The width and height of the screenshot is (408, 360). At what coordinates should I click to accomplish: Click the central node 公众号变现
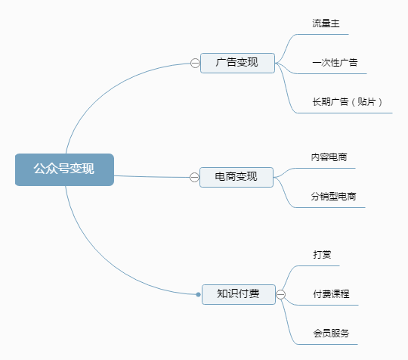(x=64, y=169)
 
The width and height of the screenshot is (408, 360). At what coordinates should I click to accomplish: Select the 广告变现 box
(x=237, y=63)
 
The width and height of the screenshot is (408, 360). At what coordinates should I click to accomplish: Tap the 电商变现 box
(x=236, y=177)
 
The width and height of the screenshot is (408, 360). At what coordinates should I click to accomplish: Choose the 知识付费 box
(x=239, y=294)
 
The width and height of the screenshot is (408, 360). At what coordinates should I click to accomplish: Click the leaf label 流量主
(x=326, y=23)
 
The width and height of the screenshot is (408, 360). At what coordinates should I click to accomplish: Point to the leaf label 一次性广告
(x=335, y=63)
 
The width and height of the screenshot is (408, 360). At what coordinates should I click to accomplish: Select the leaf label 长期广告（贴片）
(x=348, y=101)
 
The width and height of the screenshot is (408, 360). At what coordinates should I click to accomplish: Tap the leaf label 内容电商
(x=329, y=157)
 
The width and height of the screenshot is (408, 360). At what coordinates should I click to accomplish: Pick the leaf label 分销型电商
(x=333, y=196)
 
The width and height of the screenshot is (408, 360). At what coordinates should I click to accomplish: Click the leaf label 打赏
(x=322, y=255)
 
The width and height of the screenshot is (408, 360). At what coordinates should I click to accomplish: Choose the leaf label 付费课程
(x=331, y=294)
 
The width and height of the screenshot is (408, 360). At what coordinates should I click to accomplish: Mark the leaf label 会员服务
(x=331, y=334)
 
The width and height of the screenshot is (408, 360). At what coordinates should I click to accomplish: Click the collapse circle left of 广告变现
(x=195, y=63)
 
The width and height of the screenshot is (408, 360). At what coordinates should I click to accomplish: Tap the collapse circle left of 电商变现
(x=194, y=177)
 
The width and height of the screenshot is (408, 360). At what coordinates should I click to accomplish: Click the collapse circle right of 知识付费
(x=280, y=294)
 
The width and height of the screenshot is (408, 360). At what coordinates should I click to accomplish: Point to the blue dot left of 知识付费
(x=198, y=294)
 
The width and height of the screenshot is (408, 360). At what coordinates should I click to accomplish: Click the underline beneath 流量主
(x=323, y=34)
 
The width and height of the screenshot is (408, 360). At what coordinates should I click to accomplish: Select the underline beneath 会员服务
(x=327, y=344)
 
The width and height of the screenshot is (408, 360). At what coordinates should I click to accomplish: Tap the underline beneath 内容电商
(x=325, y=169)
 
